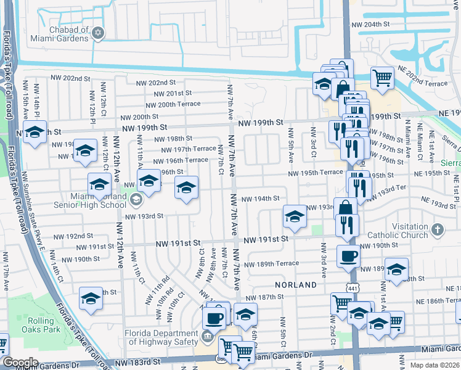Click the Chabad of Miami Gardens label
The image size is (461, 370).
coord(60,33)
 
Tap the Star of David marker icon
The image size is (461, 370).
coord(98,33)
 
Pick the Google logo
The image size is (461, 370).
coord(20,363)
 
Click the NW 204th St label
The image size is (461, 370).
coord(370,25)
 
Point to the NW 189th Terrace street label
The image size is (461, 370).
coord(271,264)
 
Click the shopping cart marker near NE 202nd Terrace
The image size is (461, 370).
coord(382,78)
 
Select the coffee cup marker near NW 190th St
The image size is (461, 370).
coord(348,256)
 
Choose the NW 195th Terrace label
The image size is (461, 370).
coord(312,172)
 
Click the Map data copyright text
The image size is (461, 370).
coord(434,365)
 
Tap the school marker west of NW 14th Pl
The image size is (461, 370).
coord(35,131)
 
